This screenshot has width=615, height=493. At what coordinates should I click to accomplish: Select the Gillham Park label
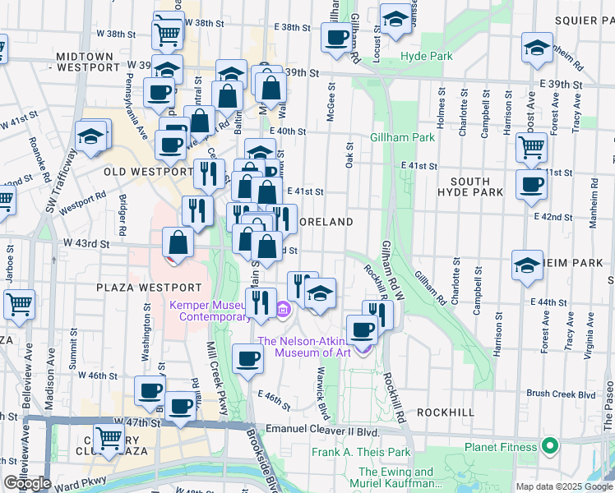coord(402,137)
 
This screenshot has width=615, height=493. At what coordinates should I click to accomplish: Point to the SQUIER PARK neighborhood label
coord(573,21)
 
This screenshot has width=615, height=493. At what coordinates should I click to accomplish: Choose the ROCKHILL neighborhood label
coord(445,411)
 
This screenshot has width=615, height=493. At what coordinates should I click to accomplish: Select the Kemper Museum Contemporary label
coord(210,310)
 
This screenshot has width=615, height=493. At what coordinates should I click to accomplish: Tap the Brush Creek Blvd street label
coord(561,394)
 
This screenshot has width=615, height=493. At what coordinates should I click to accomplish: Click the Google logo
coord(27,482)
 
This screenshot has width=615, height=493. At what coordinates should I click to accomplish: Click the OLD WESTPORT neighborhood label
coord(149,172)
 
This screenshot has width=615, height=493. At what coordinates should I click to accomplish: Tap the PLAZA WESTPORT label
coord(148,288)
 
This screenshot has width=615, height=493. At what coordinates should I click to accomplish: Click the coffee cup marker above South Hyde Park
coord(531,184)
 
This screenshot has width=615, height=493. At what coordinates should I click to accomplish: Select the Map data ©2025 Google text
coord(564,486)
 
